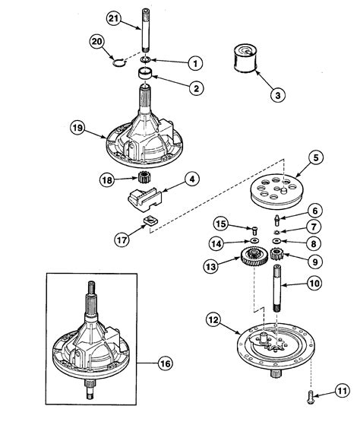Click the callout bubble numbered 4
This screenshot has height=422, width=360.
(192, 180)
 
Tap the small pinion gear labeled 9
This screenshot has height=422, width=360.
(275, 259)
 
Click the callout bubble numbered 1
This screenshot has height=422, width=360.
(194, 62)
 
